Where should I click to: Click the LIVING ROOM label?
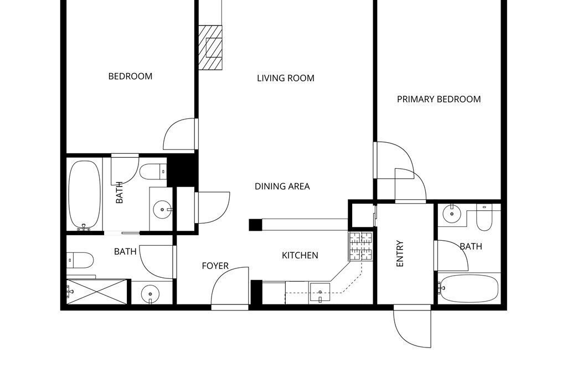point(286,78)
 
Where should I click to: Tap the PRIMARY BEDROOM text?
point(439,100)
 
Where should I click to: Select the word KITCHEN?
point(300,256)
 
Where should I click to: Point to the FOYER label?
point(215,266)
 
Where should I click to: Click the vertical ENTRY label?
point(400,253)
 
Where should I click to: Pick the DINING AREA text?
point(282,187)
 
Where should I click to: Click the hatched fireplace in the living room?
point(210,48)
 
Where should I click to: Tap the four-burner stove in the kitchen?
point(360,246)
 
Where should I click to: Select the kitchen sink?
point(319,293)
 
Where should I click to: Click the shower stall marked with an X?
point(97,292)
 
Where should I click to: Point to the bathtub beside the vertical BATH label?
point(85,195)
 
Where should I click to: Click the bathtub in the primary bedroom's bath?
point(468,288)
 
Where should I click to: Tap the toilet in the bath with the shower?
point(80,260)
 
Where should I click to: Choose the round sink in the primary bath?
point(452,214)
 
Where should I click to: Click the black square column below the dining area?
point(255,225)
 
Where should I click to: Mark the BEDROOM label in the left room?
point(131,76)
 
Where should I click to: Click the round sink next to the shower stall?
point(150,293)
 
